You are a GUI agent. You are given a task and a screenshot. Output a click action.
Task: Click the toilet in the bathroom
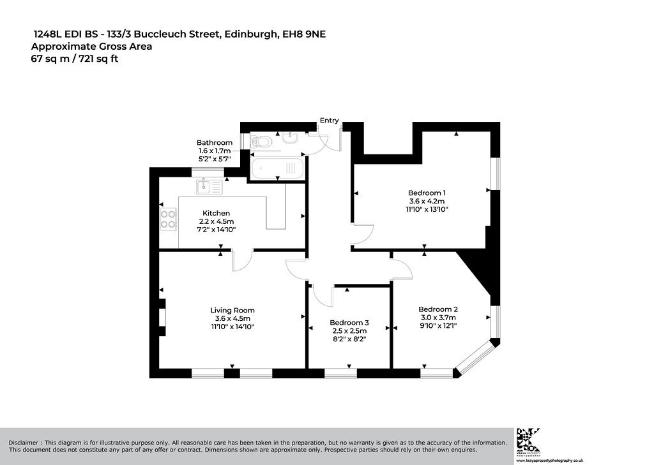pos(261,142)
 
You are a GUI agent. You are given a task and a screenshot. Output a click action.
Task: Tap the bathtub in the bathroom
pos(278,168)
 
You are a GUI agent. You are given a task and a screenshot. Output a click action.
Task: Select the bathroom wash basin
pos(290,137)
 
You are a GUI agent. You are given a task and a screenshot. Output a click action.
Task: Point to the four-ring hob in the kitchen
pos(169,219)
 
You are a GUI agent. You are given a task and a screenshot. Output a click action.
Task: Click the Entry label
pos(329,121)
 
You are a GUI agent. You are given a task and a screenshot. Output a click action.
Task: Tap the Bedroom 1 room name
pos(427,193)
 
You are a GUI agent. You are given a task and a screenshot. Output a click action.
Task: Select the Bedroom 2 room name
pos(438,309)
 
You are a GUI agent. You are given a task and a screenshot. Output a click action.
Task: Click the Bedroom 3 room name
pos(349,323)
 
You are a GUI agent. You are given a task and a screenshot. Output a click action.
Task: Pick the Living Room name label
pos(232,311)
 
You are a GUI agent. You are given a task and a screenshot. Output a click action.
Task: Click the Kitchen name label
pos(216,213)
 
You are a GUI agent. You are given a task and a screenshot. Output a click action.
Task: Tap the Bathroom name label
pos(215,142)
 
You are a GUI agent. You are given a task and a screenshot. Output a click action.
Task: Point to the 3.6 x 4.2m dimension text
pos(427,202)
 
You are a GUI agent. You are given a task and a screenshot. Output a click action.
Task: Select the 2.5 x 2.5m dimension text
pos(349,331)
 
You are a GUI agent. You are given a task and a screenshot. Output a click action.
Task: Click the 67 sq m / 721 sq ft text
pos(75,59)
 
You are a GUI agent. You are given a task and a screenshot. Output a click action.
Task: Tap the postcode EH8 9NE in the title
pos(304,34)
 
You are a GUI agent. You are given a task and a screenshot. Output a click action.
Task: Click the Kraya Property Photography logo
pos(528,440)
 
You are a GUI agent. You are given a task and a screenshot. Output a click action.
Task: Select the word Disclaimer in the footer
pos(24,443)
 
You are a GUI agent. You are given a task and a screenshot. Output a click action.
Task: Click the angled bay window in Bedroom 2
pos(475,357)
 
